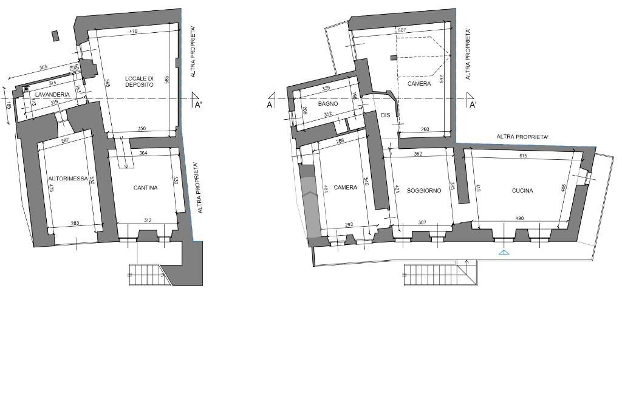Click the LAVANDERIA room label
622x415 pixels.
coord(52,95)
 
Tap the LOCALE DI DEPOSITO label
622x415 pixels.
coord(139,81)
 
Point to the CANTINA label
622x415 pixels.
coord(146,188)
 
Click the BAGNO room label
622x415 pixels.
coord(327,104)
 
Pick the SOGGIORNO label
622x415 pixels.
coord(424,191)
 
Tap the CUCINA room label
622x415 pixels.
coord(522,191)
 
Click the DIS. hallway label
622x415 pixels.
coord(386,115)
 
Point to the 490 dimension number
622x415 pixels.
coord(519,218)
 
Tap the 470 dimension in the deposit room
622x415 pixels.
coord(135,31)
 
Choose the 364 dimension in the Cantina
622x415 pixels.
coord(143,153)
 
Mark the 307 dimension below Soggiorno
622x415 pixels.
coord(422,222)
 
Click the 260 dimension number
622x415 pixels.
coord(425,129)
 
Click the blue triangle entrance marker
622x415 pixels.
coord(504,252)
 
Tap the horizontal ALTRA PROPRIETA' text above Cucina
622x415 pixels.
coord(523,137)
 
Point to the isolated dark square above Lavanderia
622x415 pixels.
coord(56,36)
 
